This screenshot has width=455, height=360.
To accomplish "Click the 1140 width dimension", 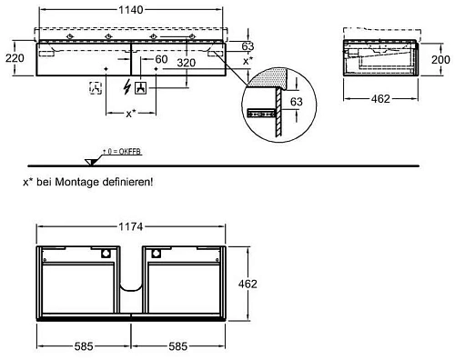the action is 131,10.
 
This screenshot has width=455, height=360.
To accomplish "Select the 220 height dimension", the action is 15,58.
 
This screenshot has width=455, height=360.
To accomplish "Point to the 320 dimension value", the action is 186,63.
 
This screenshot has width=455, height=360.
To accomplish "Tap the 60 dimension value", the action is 161,59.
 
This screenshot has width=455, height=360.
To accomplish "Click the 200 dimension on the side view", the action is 440,59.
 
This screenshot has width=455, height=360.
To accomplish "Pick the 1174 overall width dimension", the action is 131,226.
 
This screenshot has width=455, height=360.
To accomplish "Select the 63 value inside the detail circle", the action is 297,101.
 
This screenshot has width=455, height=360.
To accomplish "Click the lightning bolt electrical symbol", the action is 127,86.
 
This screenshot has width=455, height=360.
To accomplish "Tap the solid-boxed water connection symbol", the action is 140,88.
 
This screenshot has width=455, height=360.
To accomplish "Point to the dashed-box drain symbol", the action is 96,88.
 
